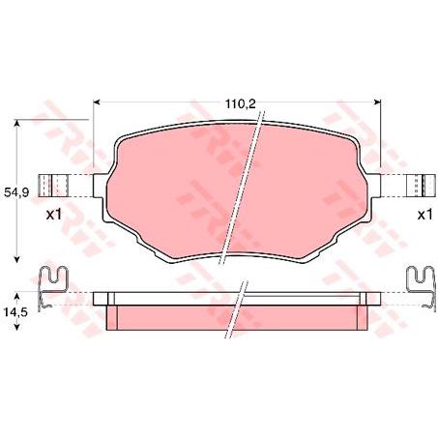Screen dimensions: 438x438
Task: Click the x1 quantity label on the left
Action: (54, 215)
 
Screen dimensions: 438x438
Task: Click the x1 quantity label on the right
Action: (423, 215)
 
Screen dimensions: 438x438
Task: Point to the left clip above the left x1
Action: (57, 186)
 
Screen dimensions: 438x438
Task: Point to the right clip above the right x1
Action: (420, 186)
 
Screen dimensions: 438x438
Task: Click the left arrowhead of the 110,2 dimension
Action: (97, 102)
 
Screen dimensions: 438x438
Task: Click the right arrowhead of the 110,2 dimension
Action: (377, 102)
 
